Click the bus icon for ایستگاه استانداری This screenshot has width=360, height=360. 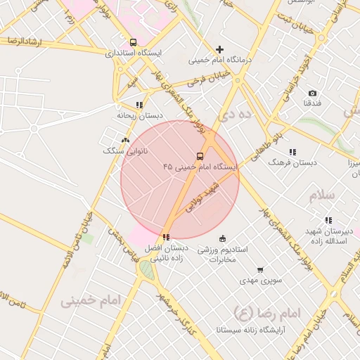point(134,42)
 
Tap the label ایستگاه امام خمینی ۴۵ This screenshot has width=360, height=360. point(200,167)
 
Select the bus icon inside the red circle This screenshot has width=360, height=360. point(200,156)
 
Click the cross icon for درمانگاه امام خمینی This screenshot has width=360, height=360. point(220,49)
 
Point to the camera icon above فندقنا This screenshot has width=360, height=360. point(312,93)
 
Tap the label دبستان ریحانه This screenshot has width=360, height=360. point(140,115)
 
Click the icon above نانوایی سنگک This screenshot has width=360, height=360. point(125,141)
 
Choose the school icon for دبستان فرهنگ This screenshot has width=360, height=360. point(292,152)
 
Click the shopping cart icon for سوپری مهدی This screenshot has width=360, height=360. point(259,270)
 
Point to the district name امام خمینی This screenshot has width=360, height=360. point(91,301)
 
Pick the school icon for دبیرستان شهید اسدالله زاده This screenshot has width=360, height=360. point(328,221)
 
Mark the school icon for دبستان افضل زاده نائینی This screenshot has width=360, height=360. point(166,237)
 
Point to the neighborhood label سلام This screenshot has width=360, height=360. point(322,195)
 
